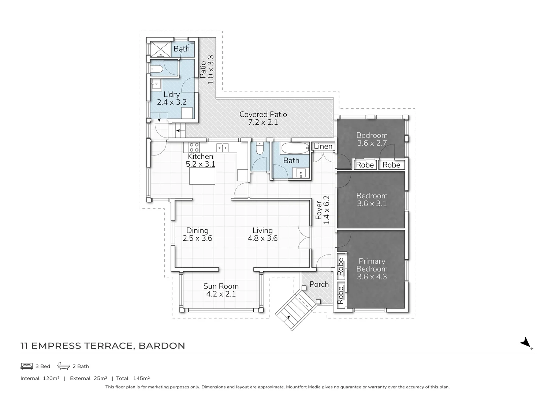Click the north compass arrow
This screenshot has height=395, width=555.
[x=526, y=343]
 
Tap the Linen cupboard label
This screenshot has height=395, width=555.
[x=323, y=147]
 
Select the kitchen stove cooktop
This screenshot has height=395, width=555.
[x=194, y=147]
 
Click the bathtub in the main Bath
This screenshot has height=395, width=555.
[x=295, y=148]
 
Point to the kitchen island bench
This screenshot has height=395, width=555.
[x=202, y=177]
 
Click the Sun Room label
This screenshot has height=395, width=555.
[x=221, y=286]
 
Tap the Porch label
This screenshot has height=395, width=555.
[x=319, y=284]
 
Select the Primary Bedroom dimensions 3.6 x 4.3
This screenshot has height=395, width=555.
[x=372, y=277]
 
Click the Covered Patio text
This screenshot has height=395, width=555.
[x=263, y=114]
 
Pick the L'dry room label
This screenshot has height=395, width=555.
[x=172, y=94]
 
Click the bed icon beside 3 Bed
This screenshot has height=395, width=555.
[x=27, y=366]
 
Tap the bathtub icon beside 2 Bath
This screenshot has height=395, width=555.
[x=64, y=366]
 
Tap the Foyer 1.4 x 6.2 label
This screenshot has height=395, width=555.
[x=323, y=210]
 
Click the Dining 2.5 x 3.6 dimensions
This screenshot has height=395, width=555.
[x=197, y=238]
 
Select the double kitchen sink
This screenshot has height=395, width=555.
[x=222, y=147]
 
